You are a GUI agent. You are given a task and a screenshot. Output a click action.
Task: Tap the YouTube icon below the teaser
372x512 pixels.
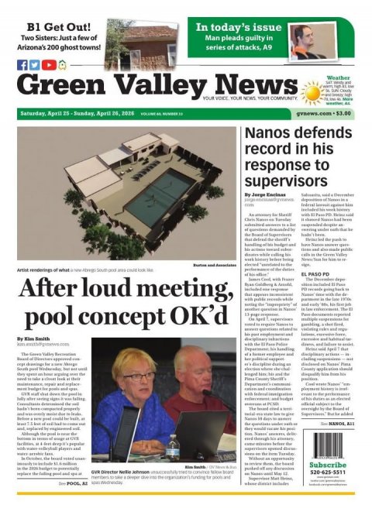[50, 65]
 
